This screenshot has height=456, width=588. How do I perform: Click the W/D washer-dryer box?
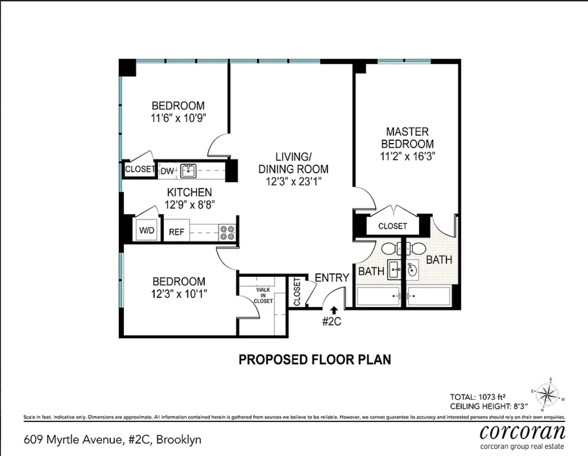click(x=147, y=230)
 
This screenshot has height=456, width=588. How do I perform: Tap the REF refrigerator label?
click(x=176, y=232)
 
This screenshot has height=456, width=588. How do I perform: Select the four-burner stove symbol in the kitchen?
click(x=227, y=232)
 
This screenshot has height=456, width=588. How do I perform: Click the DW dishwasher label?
click(x=167, y=171)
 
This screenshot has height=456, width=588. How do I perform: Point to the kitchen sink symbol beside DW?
click(x=188, y=171)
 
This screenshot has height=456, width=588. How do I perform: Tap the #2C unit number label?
click(x=331, y=321)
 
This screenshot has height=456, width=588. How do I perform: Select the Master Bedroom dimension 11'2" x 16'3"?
click(x=407, y=156)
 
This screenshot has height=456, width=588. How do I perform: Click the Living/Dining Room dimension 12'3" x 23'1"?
click(x=294, y=181)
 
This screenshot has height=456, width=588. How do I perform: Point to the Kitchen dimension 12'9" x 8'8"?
click(x=190, y=205)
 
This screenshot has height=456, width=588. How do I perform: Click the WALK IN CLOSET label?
click(x=263, y=295)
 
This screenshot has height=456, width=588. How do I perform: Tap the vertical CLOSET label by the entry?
click(x=297, y=292)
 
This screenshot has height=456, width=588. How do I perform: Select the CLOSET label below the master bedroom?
click(x=392, y=226)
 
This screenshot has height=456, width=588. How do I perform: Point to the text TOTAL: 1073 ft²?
click(x=477, y=397)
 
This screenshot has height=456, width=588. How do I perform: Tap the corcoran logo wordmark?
click(x=522, y=431)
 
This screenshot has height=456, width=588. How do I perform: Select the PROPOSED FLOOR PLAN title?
click(x=315, y=360)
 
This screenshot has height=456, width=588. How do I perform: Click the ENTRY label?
click(x=332, y=278)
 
